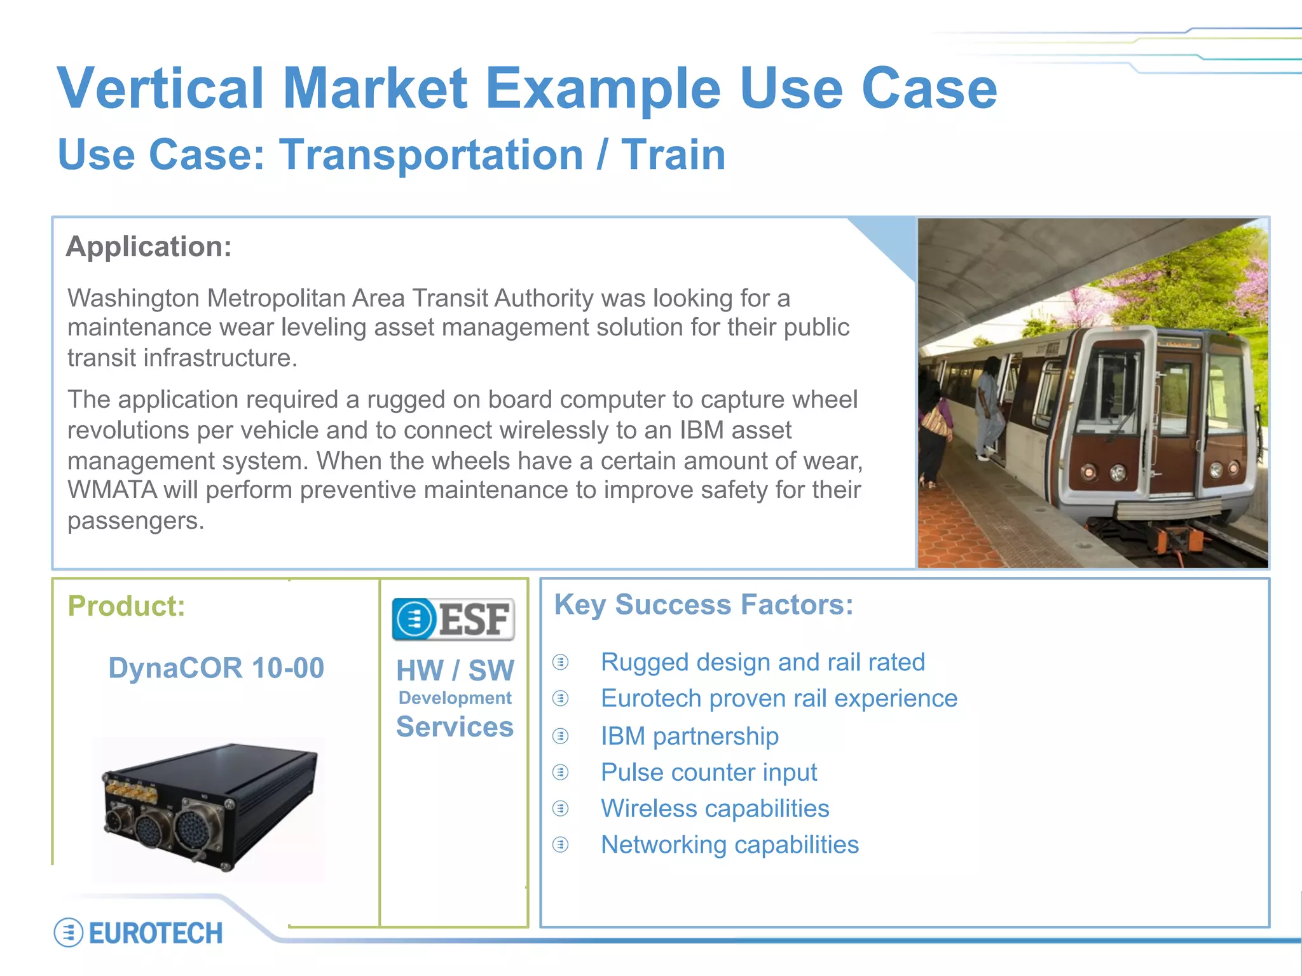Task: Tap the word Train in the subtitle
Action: (x=673, y=155)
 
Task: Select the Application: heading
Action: (x=149, y=247)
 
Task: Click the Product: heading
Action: (x=126, y=606)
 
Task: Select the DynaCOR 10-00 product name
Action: (x=216, y=668)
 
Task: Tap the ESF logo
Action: (x=453, y=619)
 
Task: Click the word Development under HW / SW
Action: (x=455, y=698)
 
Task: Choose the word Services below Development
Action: (x=455, y=727)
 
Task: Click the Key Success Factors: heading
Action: (x=704, y=604)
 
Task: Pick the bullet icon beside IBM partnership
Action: (x=560, y=736)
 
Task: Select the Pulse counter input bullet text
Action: (x=709, y=772)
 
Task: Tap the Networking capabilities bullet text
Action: (x=730, y=845)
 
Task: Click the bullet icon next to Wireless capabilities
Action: (x=560, y=808)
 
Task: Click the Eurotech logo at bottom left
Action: (x=139, y=933)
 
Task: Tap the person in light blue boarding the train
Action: (x=989, y=407)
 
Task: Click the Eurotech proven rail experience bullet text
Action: (x=779, y=698)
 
